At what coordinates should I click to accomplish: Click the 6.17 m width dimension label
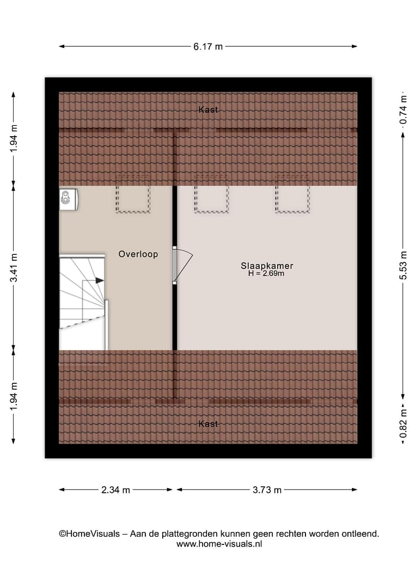click(208, 46)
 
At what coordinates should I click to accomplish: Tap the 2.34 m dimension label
click(115, 490)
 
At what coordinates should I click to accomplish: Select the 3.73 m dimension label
click(267, 490)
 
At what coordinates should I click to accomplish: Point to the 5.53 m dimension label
click(403, 265)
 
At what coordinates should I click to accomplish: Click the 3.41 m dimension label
click(14, 267)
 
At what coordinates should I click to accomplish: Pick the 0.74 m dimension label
click(403, 109)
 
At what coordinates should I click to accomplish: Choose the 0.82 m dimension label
click(403, 424)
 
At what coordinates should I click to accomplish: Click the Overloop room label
click(138, 254)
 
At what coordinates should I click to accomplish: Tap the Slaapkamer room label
click(267, 266)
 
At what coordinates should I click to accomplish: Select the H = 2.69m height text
click(266, 273)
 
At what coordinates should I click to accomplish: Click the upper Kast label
click(208, 109)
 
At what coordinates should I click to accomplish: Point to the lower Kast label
click(208, 424)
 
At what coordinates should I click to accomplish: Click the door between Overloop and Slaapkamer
click(181, 265)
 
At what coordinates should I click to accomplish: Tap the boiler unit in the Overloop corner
click(68, 199)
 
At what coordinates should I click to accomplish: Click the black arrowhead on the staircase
click(100, 280)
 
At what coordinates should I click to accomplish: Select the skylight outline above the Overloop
click(133, 194)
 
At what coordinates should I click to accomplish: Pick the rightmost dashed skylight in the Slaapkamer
click(292, 194)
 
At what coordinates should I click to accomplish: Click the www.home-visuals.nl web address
click(219, 544)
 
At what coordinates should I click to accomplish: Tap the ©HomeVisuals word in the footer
click(89, 534)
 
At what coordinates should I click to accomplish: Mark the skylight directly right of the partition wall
click(211, 194)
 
